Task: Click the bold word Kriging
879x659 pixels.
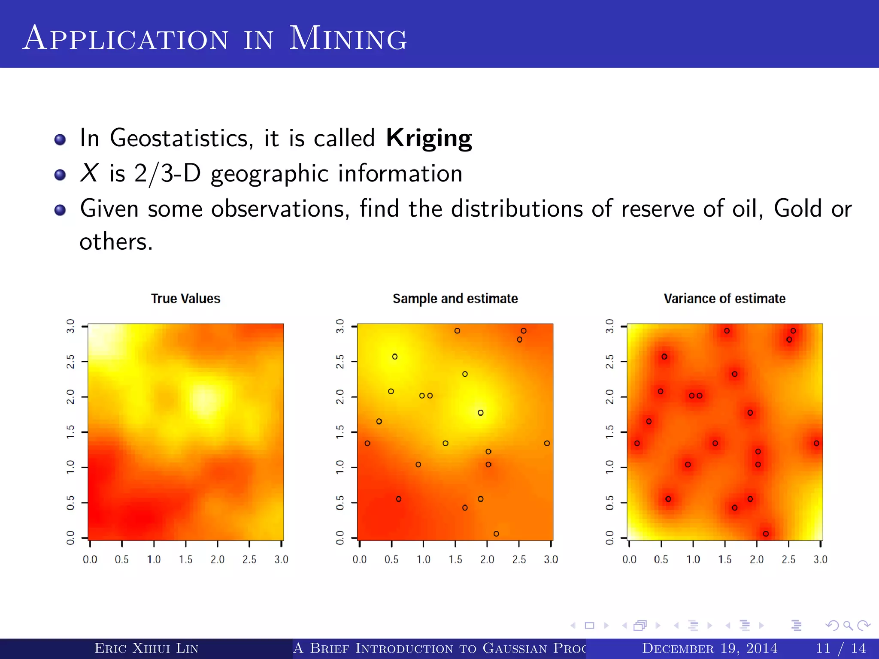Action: [x=429, y=138]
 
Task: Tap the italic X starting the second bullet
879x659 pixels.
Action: [x=89, y=173]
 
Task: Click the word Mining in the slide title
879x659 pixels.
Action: [x=348, y=39]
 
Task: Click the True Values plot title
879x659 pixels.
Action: [x=185, y=299]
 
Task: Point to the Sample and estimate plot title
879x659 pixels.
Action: [x=455, y=299]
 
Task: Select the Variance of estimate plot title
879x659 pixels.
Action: [x=724, y=299]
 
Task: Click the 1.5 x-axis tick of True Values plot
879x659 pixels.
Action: [x=185, y=559]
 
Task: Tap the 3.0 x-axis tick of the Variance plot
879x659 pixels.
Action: [x=820, y=559]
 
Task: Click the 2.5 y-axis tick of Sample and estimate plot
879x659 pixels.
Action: [x=340, y=362]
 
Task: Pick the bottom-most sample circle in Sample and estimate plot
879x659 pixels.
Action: [x=496, y=534]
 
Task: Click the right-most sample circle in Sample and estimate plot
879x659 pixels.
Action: [x=547, y=443]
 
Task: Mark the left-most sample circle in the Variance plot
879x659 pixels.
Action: [x=637, y=443]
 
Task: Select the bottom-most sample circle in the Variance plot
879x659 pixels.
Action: [x=766, y=534]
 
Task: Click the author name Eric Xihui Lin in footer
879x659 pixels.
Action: [x=146, y=648]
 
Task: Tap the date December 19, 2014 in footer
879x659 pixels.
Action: [x=709, y=648]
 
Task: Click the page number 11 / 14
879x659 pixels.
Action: [x=840, y=648]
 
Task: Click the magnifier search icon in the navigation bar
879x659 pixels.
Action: [x=848, y=626]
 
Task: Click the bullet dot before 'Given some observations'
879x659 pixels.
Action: [x=60, y=210]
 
